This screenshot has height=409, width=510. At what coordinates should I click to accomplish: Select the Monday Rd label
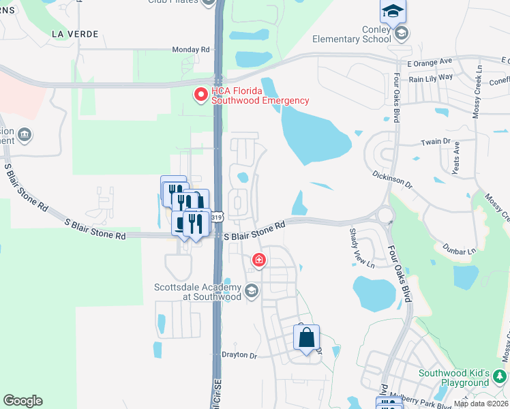click(x=190, y=50)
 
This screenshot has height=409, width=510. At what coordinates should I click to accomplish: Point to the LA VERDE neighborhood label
click(x=75, y=33)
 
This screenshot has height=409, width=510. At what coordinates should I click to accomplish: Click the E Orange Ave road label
click(x=430, y=61)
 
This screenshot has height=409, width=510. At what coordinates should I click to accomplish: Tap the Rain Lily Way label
click(x=431, y=77)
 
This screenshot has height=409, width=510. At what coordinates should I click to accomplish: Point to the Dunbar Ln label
click(x=459, y=251)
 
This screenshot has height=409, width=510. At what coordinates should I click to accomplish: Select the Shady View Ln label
click(x=361, y=248)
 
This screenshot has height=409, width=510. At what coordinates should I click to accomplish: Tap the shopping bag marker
click(x=307, y=337)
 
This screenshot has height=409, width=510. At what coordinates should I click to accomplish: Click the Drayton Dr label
click(x=239, y=355)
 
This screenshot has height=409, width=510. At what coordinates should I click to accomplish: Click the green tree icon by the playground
click(x=500, y=376)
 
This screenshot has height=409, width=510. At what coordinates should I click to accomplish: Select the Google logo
click(x=22, y=401)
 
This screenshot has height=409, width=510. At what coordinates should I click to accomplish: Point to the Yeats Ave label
click(x=457, y=158)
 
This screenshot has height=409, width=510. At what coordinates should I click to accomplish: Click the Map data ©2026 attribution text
click(x=480, y=404)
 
